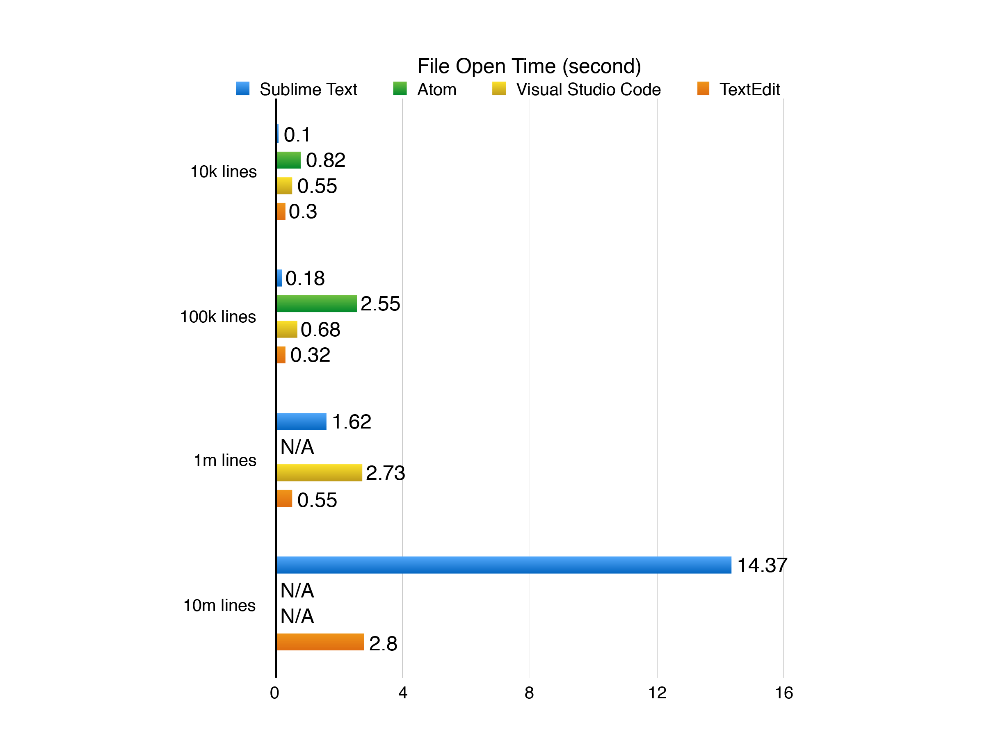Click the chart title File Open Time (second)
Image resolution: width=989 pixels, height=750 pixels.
tap(529, 66)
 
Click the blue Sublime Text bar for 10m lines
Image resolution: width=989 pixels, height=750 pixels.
tap(503, 565)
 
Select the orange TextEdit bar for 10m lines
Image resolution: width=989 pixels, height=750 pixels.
tap(320, 642)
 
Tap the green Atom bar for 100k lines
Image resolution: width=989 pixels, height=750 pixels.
tap(317, 303)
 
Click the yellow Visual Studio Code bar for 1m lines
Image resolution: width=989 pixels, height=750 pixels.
tap(319, 472)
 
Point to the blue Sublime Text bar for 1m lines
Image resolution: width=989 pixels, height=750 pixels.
tap(301, 422)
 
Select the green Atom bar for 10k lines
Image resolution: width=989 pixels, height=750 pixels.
tap(288, 160)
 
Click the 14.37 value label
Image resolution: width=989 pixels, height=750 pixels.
tap(762, 565)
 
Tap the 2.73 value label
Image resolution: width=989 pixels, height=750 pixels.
tap(386, 473)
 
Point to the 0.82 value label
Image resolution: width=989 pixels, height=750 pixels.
tap(325, 160)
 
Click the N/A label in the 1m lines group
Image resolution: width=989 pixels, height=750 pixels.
tap(297, 447)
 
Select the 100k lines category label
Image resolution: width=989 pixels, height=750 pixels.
tap(218, 317)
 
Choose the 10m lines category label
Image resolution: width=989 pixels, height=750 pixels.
tap(219, 605)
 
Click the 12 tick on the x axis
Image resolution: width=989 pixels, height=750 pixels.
tap(657, 693)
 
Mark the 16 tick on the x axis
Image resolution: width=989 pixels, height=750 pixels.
tap(783, 693)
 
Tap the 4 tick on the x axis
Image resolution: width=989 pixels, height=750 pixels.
tap(402, 693)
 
